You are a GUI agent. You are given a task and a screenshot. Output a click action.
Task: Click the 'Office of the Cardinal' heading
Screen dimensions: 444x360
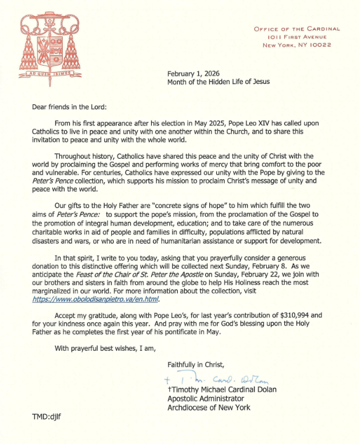(x=297, y=29)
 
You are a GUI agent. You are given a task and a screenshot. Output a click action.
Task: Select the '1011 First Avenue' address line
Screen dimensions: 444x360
(x=303, y=37)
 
